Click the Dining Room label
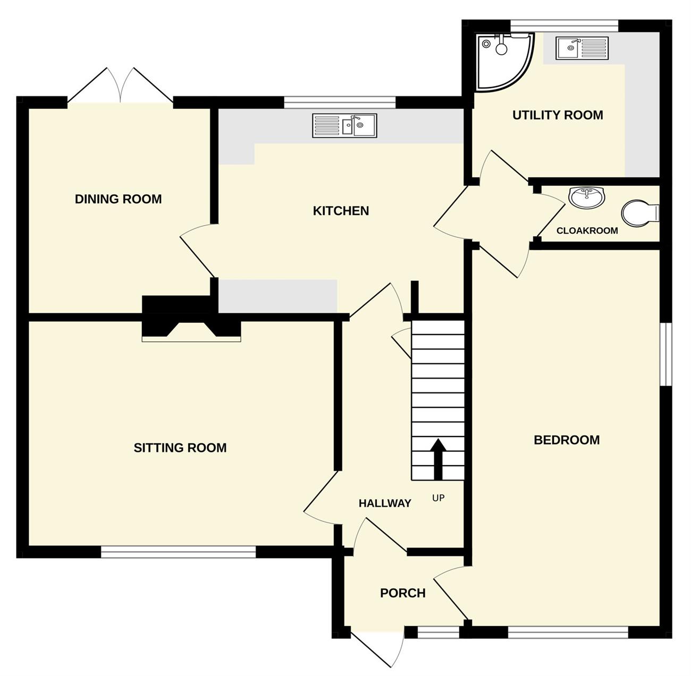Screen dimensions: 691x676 (119, 199)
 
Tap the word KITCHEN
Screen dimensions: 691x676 (341, 211)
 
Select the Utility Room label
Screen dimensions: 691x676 (558, 115)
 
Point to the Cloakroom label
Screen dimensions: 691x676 (587, 230)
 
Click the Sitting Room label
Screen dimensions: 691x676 (180, 448)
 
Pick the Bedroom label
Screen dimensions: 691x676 (567, 440)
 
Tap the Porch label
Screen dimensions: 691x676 (403, 593)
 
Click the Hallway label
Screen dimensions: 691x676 (385, 503)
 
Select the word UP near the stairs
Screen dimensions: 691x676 (438, 498)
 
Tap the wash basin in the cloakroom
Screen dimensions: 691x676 (586, 197)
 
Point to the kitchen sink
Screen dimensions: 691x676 (344, 126)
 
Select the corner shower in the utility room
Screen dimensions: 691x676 (504, 61)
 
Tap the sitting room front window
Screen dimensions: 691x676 (178, 552)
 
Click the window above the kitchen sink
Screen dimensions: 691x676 (340, 102)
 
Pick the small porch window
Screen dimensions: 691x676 (439, 633)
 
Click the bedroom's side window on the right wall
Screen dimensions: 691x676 (666, 354)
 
